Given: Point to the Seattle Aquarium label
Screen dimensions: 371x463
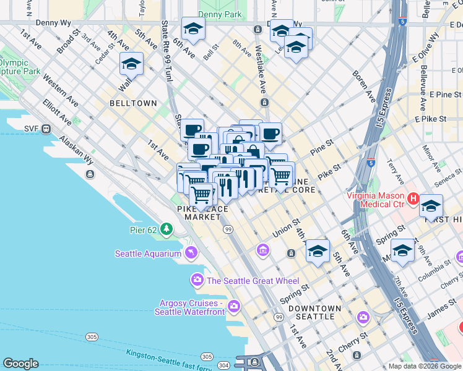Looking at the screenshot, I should pyautogui.click(x=148, y=254).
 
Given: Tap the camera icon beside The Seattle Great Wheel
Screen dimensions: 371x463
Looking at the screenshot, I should pyautogui.click(x=197, y=280).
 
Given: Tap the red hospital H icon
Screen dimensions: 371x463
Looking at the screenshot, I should pyautogui.click(x=411, y=200).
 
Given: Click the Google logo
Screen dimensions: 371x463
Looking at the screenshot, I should pyautogui.click(x=20, y=364).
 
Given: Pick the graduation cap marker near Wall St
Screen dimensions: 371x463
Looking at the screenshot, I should pyautogui.click(x=131, y=64).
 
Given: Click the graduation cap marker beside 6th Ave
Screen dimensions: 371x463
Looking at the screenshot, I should pyautogui.click(x=193, y=29).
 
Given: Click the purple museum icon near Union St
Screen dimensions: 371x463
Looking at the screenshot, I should pyautogui.click(x=263, y=250).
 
